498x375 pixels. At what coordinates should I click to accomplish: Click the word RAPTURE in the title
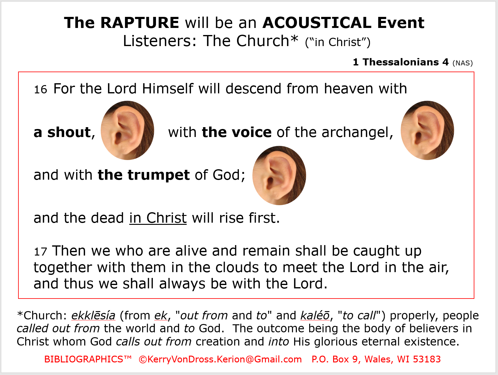pos(140,23)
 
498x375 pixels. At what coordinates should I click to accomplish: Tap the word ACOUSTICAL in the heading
pos(317,23)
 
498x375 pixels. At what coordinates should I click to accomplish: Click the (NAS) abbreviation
pos(463,63)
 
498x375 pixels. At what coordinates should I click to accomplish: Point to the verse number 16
pos(41,89)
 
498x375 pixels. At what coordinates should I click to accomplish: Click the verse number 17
pos(41,252)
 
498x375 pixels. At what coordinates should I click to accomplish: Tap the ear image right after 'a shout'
pos(127,131)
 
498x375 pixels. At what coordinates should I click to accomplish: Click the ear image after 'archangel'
pos(427,131)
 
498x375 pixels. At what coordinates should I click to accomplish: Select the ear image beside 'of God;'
pos(279,176)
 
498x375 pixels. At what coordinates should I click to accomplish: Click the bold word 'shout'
pos(69,132)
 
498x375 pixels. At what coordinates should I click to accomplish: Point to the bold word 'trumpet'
pos(159,175)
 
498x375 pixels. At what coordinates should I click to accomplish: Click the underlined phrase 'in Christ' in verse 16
pos(158,218)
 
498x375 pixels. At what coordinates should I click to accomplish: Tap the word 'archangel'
pos(357,132)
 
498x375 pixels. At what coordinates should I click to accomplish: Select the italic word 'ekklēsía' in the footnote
pos(93,315)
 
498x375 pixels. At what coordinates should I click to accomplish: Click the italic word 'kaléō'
pos(315,315)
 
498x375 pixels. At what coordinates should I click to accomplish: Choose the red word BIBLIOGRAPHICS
pos(84,359)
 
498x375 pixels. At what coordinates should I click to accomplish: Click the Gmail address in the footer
pos(220,359)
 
